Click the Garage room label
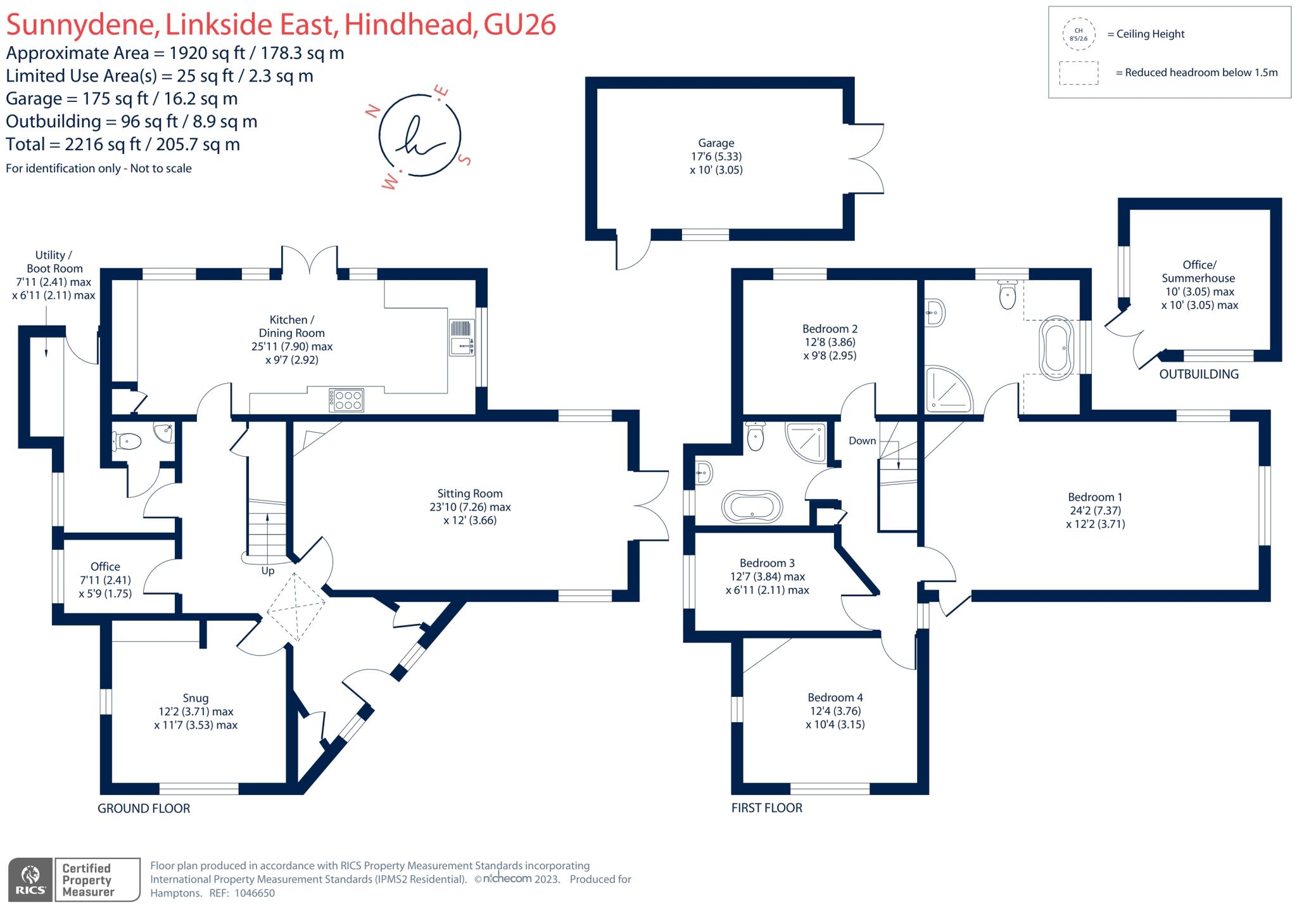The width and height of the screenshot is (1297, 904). tap(716, 144)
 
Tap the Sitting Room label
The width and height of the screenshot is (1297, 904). tap(470, 493)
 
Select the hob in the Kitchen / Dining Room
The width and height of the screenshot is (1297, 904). tap(346, 399)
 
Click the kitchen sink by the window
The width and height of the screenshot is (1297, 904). tap(462, 338)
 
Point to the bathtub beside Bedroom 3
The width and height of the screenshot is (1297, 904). tap(752, 507)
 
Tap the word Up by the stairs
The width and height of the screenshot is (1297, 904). tap(268, 571)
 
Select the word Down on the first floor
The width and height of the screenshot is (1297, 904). tap(862, 441)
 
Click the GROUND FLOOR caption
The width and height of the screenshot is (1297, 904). tap(144, 808)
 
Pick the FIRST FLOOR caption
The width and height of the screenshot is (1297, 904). tap(766, 808)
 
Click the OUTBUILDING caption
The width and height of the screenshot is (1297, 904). tap(1198, 374)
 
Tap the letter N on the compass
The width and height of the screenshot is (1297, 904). tap(373, 112)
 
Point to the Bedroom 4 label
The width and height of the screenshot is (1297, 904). tap(835, 697)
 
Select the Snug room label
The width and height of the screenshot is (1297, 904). tap(196, 698)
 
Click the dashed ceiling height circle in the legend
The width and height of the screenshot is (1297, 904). tap(1079, 34)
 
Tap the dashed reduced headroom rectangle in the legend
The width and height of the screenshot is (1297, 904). tap(1079, 73)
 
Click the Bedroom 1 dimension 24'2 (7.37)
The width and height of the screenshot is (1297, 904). tap(1095, 511)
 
